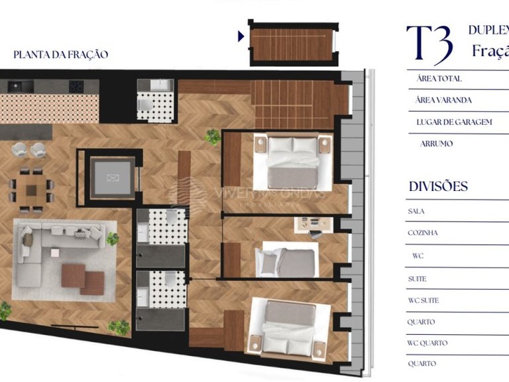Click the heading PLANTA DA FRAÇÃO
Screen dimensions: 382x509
[x=60, y=54]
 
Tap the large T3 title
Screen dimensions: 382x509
[x=429, y=44]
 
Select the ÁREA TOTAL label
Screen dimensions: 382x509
[x=439, y=79]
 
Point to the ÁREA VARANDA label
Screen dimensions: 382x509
[x=444, y=100]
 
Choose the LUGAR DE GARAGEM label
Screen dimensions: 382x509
[x=454, y=122]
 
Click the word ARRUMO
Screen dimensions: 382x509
[x=436, y=143]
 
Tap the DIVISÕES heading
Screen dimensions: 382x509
[x=438, y=186]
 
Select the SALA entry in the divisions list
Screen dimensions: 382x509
[x=417, y=212]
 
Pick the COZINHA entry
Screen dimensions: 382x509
[x=423, y=233]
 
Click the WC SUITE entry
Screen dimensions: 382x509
[x=424, y=300]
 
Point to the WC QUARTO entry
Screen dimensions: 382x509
[x=427, y=343]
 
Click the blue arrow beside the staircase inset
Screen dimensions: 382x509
[x=241, y=36]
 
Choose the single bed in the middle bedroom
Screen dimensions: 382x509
[x=286, y=262]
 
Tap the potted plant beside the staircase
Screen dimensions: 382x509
[x=213, y=137]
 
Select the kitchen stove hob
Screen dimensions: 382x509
[x=77, y=86]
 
